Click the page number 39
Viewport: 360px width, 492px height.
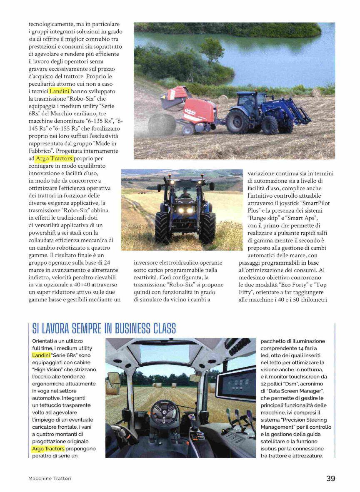(330, 478)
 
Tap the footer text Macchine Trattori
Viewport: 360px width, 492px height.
(50, 479)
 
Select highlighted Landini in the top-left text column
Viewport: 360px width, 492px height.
(60, 91)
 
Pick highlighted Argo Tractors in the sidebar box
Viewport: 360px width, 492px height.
(48, 449)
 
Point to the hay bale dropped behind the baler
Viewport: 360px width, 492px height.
(162, 124)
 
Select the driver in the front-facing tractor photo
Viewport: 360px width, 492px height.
(185, 194)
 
